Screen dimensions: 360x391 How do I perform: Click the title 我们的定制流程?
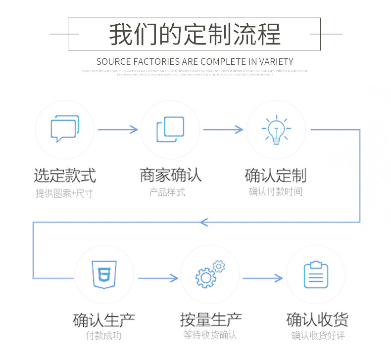click(x=195, y=34)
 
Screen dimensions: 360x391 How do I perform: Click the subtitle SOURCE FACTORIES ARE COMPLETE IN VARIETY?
click(x=195, y=62)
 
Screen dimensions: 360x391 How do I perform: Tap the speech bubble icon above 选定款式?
click(x=65, y=129)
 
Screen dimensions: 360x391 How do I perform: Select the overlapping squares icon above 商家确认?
click(x=170, y=130)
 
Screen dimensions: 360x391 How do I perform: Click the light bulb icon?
click(x=276, y=130)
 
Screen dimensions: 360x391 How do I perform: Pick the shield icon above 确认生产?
click(x=104, y=275)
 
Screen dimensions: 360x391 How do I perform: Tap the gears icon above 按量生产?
click(x=210, y=275)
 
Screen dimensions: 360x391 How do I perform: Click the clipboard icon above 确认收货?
click(x=316, y=275)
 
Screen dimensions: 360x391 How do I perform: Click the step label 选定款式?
click(x=65, y=175)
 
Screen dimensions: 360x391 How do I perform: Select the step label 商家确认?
click(x=170, y=175)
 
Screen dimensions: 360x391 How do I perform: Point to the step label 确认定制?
click(x=276, y=175)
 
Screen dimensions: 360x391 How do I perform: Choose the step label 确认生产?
click(x=104, y=320)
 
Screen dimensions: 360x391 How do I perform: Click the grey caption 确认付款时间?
click(x=275, y=192)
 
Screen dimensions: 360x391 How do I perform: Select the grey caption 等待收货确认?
click(x=210, y=335)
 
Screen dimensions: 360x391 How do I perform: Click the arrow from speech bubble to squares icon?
click(x=118, y=130)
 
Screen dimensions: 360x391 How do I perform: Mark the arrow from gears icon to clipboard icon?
click(x=263, y=278)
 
